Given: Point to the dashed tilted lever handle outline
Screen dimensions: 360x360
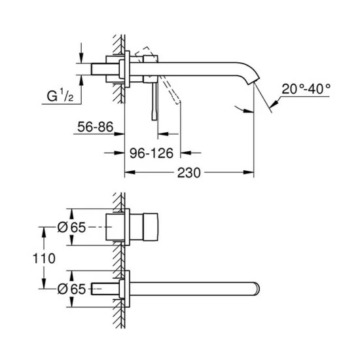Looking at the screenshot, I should point(169,85).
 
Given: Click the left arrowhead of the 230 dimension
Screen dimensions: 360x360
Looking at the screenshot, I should point(129,173).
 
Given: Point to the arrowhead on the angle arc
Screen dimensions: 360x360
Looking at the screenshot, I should point(251,109).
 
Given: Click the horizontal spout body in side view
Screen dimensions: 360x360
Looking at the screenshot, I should point(196,63).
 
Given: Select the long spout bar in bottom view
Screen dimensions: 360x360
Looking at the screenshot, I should point(196,287).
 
